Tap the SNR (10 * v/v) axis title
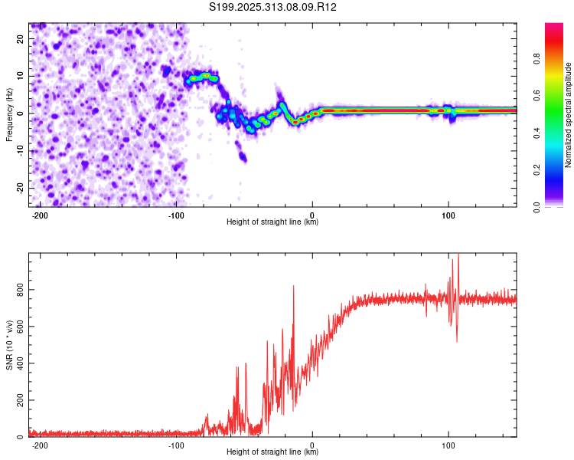[x=9, y=345]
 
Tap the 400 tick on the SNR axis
[x=18, y=364]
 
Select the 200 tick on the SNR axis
[x=18, y=401]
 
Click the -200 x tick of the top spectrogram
[x=41, y=215]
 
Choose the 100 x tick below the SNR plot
[x=448, y=445]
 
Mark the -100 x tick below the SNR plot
[x=176, y=445]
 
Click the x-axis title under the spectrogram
[x=272, y=222]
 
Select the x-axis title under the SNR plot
[x=272, y=452]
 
